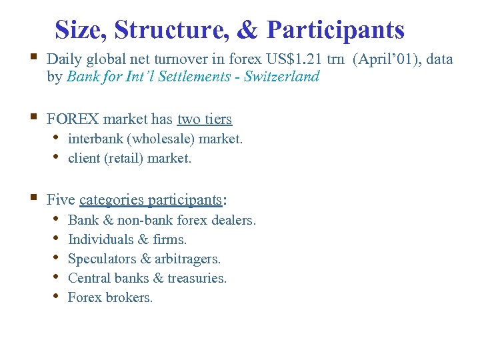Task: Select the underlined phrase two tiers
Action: click(x=204, y=119)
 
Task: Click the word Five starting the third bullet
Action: click(x=61, y=199)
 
